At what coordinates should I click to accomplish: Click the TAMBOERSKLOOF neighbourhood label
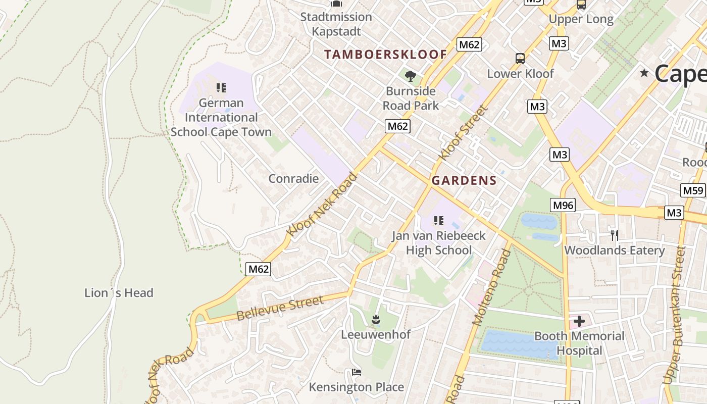pyautogui.click(x=385, y=55)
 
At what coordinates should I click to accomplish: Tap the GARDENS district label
pyautogui.click(x=464, y=181)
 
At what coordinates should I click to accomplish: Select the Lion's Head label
pyautogui.click(x=119, y=293)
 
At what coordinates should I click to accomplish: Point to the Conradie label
pyautogui.click(x=293, y=178)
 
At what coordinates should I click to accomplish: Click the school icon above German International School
pyautogui.click(x=221, y=88)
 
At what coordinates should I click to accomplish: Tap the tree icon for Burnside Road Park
pyautogui.click(x=411, y=76)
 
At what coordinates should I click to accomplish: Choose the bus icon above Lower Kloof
pyautogui.click(x=520, y=59)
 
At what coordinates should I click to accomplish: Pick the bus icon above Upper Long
pyautogui.click(x=581, y=5)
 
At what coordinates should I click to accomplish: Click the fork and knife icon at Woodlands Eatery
pyautogui.click(x=614, y=235)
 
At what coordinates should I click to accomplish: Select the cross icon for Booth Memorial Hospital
pyautogui.click(x=579, y=321)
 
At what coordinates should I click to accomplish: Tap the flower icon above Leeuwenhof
pyautogui.click(x=376, y=319)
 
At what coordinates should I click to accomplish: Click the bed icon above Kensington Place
pyautogui.click(x=357, y=372)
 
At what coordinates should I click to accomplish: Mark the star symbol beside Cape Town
pyautogui.click(x=644, y=73)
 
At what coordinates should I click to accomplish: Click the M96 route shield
pyautogui.click(x=563, y=205)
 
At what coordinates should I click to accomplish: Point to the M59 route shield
pyautogui.click(x=692, y=190)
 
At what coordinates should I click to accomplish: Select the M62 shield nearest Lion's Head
pyautogui.click(x=259, y=269)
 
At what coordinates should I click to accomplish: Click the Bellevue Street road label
pyautogui.click(x=280, y=309)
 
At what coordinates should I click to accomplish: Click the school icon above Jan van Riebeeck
pyautogui.click(x=439, y=220)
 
